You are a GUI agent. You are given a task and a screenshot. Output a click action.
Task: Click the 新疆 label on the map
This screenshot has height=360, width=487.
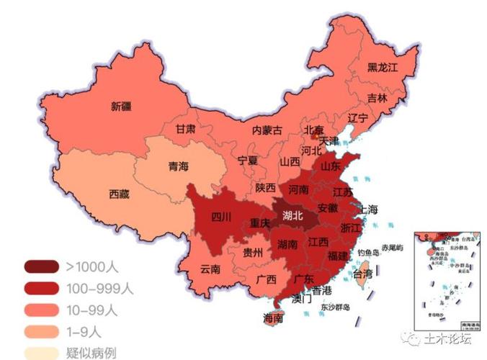point(121,107)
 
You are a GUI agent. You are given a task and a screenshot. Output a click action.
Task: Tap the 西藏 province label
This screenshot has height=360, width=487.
point(120,194)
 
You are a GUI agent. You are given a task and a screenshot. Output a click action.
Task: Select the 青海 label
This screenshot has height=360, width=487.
point(178,166)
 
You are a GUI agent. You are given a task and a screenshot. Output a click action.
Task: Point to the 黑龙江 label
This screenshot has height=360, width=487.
point(383,67)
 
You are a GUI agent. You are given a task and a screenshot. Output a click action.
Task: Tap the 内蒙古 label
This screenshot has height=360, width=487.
point(267,130)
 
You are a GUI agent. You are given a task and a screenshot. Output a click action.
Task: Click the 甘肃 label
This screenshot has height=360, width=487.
point(185,130)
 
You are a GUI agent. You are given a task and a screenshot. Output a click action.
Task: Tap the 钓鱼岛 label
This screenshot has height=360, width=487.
point(368,253)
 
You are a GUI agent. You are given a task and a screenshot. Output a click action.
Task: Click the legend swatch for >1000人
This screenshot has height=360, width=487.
point(42,267)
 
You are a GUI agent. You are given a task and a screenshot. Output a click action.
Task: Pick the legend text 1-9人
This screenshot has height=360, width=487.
point(86,332)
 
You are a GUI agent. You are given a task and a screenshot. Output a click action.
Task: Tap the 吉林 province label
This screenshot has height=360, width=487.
point(377,98)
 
